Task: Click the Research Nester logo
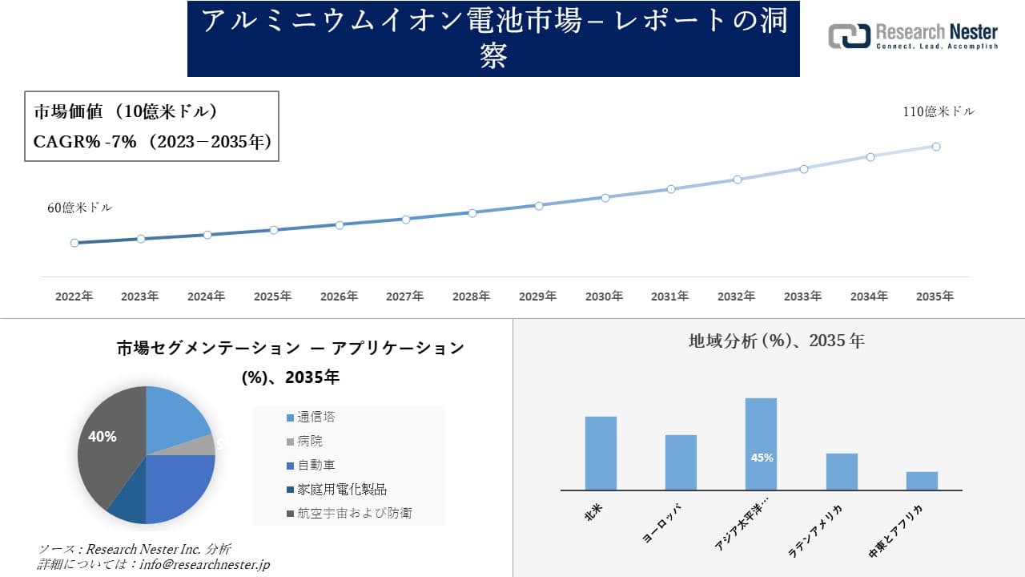(913, 36)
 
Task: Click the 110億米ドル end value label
(939, 112)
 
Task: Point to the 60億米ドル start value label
(80, 208)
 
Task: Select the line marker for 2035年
(935, 147)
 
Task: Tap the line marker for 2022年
(74, 243)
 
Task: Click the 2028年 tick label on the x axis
(471, 297)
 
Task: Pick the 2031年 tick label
(669, 297)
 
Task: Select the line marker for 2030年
(605, 197)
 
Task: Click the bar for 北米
(601, 453)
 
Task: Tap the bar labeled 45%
(761, 444)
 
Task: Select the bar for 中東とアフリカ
(922, 481)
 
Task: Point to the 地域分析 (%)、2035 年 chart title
(776, 341)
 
